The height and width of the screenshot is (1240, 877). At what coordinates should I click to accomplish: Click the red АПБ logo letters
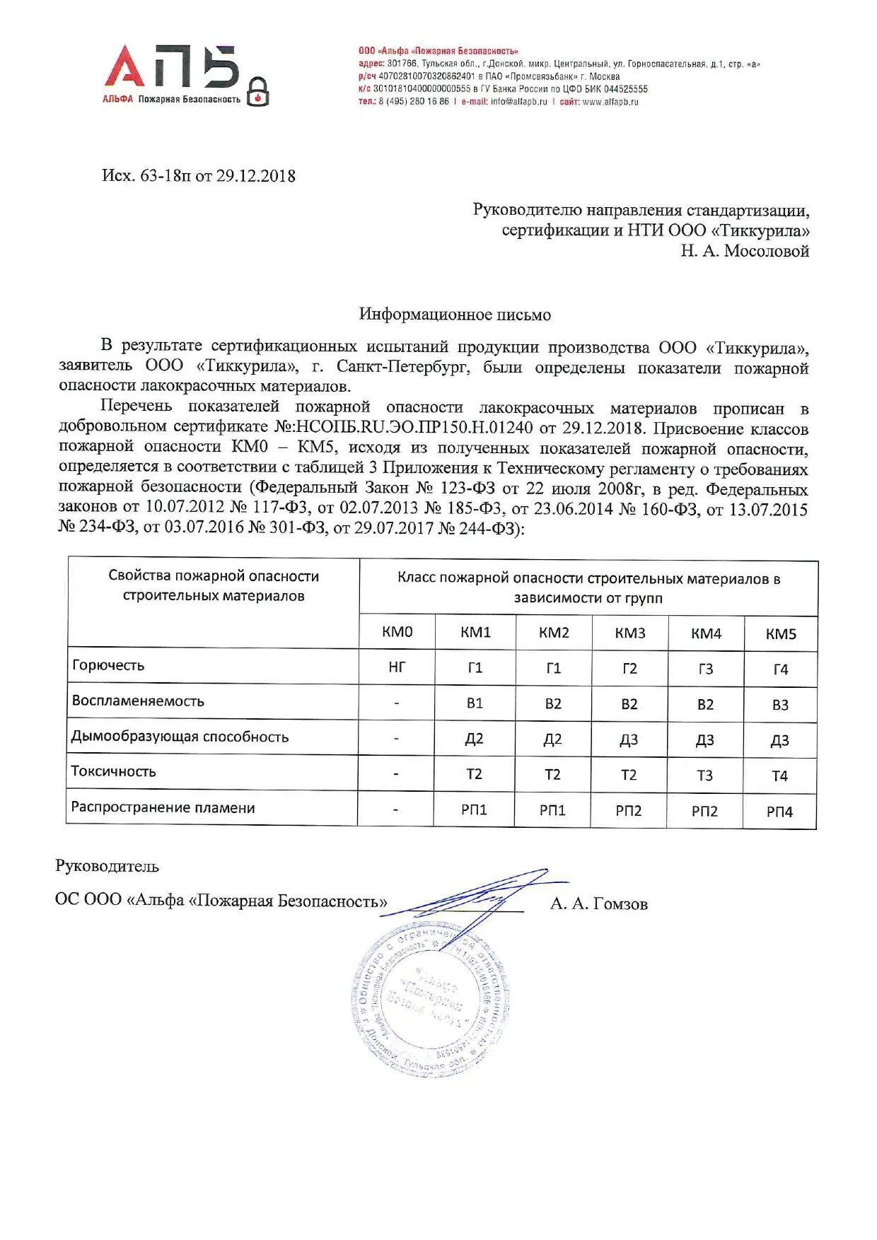[x=172, y=67]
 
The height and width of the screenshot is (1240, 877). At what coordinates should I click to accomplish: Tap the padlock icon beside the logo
[x=258, y=92]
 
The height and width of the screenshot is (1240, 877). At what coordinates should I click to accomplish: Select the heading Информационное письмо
[x=455, y=315]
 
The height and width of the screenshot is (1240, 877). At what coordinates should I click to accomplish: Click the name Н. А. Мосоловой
[x=745, y=251]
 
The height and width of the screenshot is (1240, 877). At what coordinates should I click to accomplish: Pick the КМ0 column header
[x=397, y=632]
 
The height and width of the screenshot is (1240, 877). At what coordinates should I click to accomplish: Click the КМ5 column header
[x=781, y=634]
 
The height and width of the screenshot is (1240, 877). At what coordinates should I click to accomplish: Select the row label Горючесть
[x=108, y=665]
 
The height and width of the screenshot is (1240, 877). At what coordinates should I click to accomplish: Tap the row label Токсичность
[x=113, y=771]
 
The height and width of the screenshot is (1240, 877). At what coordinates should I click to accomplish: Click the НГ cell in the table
[x=397, y=667]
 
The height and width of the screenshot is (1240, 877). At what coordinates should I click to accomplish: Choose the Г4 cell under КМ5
[x=781, y=669]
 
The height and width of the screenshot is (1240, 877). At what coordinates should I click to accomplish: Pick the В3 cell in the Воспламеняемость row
[x=780, y=705]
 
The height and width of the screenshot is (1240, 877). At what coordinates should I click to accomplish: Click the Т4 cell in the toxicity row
[x=779, y=776]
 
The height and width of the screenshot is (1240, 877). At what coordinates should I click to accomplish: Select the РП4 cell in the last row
[x=779, y=812]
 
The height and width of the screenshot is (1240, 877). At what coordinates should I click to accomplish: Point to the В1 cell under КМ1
[x=475, y=703]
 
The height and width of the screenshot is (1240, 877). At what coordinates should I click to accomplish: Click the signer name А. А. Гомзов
[x=598, y=903]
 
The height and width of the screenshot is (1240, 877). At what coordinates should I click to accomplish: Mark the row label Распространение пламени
[x=163, y=807]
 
